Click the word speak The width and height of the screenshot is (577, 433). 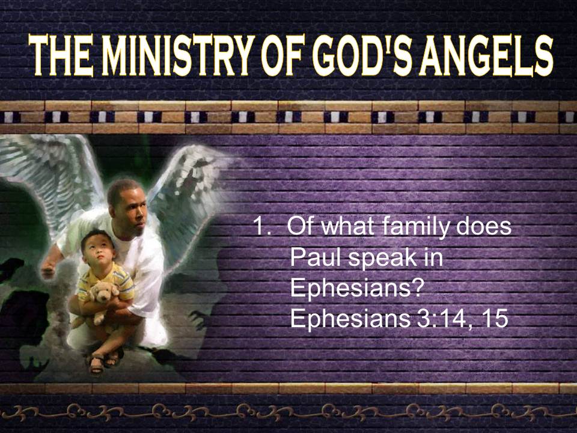pyautogui.click(x=382, y=259)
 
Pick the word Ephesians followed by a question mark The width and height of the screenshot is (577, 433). pyautogui.click(x=356, y=289)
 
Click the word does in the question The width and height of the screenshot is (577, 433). pyautogui.click(x=484, y=226)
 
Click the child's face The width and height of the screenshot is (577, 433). pyautogui.click(x=99, y=250)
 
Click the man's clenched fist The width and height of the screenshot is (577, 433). pyautogui.click(x=48, y=271)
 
